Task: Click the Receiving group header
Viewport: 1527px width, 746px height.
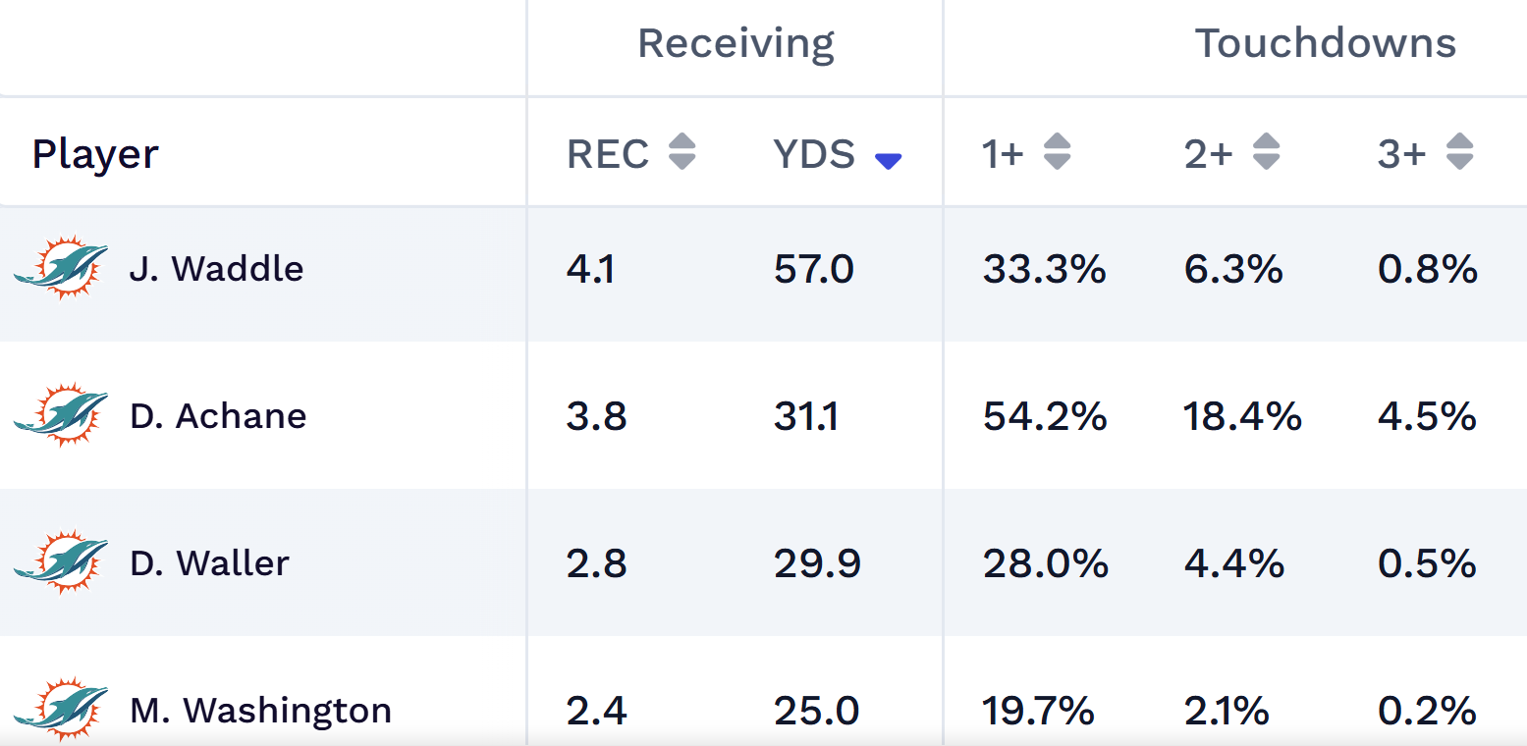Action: tap(736, 44)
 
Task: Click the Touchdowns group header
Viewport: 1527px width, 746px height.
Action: tap(1325, 44)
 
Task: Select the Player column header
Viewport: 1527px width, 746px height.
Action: tap(95, 154)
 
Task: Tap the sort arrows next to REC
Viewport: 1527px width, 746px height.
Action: tap(682, 152)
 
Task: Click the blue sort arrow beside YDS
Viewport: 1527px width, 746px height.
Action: tap(888, 162)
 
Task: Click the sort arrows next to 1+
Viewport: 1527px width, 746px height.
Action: tap(1057, 152)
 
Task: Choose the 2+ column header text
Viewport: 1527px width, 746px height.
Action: tap(1208, 154)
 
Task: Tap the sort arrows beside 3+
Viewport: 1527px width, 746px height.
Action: tap(1460, 152)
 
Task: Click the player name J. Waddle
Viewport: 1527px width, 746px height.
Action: tap(216, 269)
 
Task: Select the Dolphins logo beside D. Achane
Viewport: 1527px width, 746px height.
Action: tap(61, 414)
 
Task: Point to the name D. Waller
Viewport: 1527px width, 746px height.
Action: tap(209, 563)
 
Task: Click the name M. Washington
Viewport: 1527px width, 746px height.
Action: tap(260, 711)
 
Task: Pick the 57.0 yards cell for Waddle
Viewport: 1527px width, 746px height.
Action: tap(813, 269)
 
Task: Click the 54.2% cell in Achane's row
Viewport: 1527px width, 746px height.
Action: tap(1045, 416)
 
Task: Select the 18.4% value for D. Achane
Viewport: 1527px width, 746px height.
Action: tap(1243, 416)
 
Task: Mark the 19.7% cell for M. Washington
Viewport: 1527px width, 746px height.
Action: tap(1038, 711)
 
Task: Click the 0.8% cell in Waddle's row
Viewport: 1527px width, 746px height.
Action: tap(1427, 269)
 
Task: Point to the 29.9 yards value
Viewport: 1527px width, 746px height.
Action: tap(817, 563)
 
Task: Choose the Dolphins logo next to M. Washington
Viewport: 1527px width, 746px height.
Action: tap(61, 708)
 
